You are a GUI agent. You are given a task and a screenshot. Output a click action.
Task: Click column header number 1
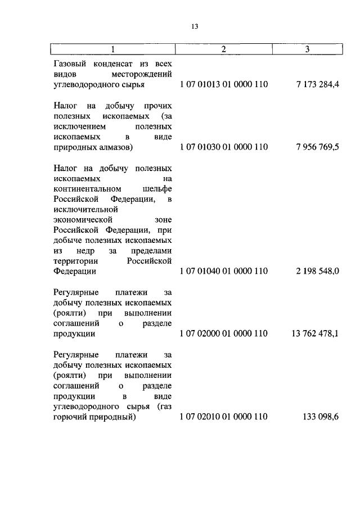tap(112, 49)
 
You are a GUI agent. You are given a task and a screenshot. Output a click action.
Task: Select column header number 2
tap(223, 49)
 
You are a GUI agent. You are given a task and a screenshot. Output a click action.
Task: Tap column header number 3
tap(307, 49)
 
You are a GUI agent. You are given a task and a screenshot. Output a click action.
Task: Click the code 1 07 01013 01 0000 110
tap(224, 84)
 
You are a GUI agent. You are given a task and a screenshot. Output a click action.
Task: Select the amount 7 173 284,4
tap(317, 84)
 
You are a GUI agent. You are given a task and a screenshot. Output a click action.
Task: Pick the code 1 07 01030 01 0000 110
tap(224, 147)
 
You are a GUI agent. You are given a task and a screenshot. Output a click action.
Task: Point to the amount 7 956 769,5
tap(317, 147)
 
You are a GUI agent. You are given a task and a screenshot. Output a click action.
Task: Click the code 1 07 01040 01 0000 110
tap(224, 271)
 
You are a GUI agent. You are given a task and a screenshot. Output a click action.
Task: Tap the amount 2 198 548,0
tap(317, 271)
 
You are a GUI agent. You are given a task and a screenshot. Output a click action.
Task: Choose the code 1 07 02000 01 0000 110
tap(224, 333)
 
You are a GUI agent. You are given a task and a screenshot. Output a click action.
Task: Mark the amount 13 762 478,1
tap(315, 333)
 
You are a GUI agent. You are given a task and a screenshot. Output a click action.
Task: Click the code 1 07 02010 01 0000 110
tap(224, 417)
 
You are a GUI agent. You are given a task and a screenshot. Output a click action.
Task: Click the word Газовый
tap(70, 64)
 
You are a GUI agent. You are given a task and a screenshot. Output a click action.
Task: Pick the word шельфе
tap(157, 188)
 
